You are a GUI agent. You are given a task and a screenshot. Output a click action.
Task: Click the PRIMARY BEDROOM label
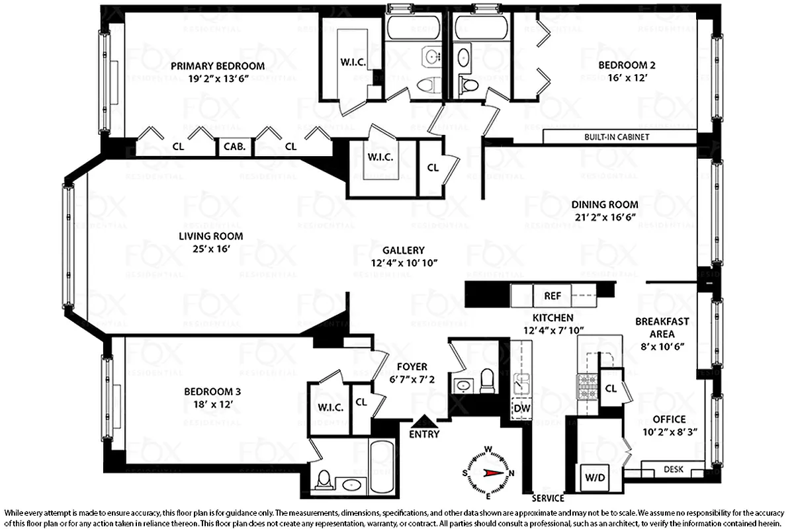pos(217,65)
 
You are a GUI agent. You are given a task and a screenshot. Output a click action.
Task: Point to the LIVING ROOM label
pos(210,236)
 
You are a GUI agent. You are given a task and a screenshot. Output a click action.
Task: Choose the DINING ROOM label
pos(605,204)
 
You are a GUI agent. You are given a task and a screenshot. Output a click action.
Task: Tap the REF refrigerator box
pos(552,295)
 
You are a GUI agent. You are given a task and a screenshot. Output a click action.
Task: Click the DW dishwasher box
pos(521,408)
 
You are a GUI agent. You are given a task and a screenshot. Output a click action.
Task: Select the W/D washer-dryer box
pos(592,477)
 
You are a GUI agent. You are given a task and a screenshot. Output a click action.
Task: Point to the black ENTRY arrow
pos(423,421)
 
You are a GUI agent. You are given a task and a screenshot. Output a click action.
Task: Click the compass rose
pos(489,472)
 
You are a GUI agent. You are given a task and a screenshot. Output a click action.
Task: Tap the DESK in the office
pos(673,469)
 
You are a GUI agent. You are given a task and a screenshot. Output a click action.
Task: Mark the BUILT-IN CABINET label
pos(616,138)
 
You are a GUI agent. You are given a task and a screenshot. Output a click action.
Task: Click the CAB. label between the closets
pos(234,147)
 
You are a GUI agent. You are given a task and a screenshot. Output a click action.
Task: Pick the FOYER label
pos(412,366)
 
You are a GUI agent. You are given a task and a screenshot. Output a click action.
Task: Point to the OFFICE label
pos(669,419)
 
